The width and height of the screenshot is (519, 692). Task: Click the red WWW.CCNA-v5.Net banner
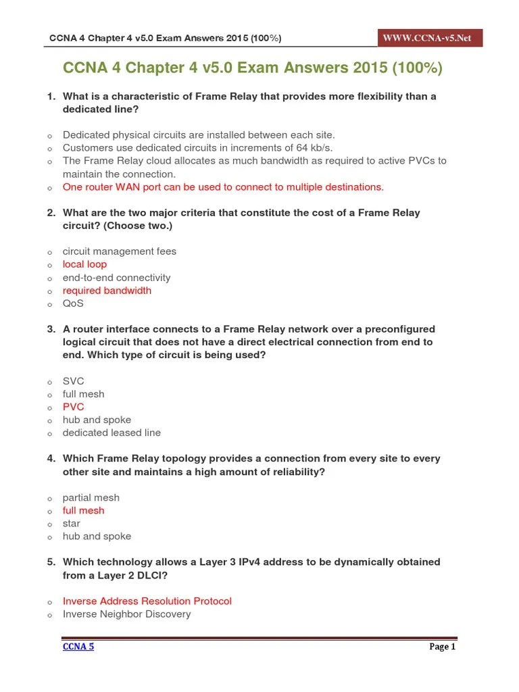pos(427,38)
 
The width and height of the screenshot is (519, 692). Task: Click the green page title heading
pos(253,68)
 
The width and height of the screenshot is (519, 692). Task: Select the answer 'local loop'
pos(84,264)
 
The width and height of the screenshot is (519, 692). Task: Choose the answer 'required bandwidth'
pos(107,291)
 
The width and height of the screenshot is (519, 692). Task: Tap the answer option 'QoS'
pos(73,303)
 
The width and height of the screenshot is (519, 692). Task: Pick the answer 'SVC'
pos(73,381)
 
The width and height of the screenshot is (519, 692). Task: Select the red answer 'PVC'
pos(73,407)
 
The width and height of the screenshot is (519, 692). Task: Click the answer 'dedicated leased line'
pos(112,432)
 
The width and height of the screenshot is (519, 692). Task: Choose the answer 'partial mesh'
pos(91,497)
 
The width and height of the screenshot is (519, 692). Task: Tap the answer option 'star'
pos(71,523)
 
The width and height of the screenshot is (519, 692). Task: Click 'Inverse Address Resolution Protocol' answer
pos(147,601)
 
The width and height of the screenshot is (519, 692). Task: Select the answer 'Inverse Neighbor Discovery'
pos(126,614)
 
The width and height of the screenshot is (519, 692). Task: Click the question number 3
pos(51,329)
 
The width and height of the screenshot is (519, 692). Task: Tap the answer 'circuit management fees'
pos(119,251)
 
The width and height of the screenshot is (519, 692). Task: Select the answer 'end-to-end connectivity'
pos(116,278)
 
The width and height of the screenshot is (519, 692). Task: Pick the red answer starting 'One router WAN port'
pos(223,187)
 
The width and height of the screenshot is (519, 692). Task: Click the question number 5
pos(51,562)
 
